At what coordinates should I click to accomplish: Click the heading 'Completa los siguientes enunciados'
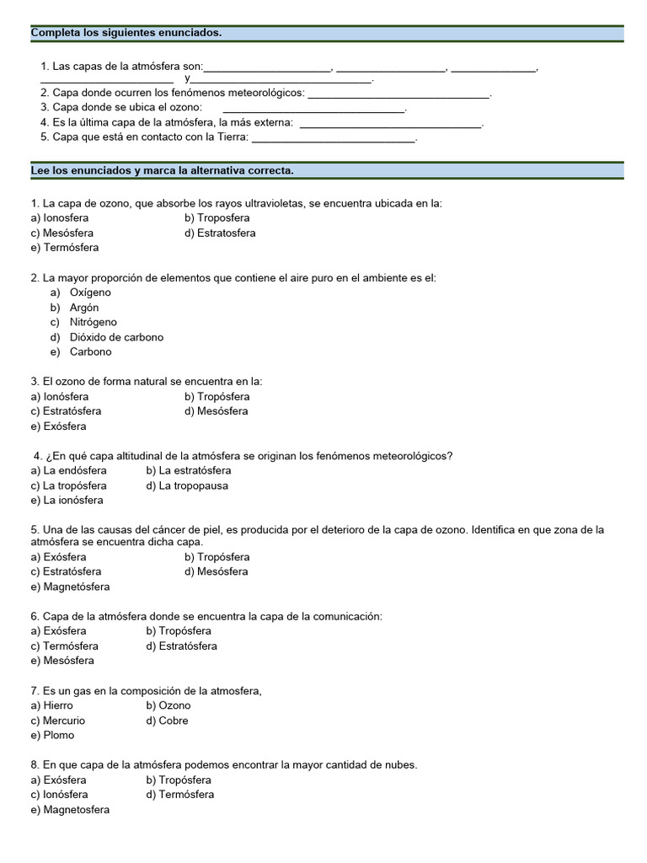(x=126, y=33)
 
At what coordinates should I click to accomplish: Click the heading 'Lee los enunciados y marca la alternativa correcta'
(x=162, y=170)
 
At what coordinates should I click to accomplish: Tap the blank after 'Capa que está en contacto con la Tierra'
(x=334, y=137)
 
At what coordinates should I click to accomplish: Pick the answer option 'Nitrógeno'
(x=93, y=322)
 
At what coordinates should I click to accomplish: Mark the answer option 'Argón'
(x=84, y=308)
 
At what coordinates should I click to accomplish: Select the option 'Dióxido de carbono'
(x=116, y=337)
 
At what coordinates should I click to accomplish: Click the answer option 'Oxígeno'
(x=90, y=292)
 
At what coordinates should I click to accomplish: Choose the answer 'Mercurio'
(x=64, y=721)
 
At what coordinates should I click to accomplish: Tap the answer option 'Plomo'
(x=58, y=735)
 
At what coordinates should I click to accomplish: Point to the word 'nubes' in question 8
(x=400, y=765)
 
